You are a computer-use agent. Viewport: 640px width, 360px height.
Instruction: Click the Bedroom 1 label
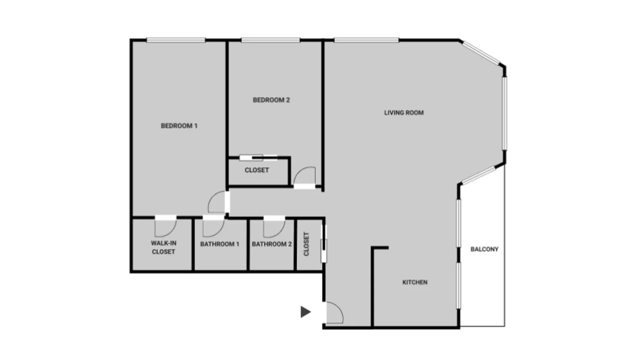[x=179, y=125]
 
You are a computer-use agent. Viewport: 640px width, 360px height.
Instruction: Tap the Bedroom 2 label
[x=271, y=100]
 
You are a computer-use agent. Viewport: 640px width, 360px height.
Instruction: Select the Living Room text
[x=404, y=112]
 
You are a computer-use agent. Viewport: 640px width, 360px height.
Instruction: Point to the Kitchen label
[x=415, y=282]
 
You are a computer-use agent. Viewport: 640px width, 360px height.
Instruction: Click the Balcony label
[x=484, y=249]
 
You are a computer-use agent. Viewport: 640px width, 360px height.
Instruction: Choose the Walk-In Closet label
[x=163, y=247]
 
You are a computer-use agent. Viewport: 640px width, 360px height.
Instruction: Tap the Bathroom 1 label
[x=220, y=244]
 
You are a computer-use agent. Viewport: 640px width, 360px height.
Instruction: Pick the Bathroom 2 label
[x=272, y=244]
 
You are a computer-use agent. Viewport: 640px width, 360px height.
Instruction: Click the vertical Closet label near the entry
[x=306, y=244]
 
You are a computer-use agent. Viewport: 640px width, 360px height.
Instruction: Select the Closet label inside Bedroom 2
[x=257, y=170]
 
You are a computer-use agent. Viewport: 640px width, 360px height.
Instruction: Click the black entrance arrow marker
[x=306, y=312]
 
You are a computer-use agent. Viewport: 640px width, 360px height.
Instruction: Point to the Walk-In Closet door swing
[x=165, y=228]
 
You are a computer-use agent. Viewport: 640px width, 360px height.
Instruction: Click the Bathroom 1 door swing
[x=213, y=228]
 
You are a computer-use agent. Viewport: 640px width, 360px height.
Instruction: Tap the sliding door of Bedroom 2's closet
[x=259, y=158]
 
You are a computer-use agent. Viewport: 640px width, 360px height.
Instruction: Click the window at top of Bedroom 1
[x=176, y=40]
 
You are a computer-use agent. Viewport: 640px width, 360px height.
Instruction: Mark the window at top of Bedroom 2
[x=270, y=40]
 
